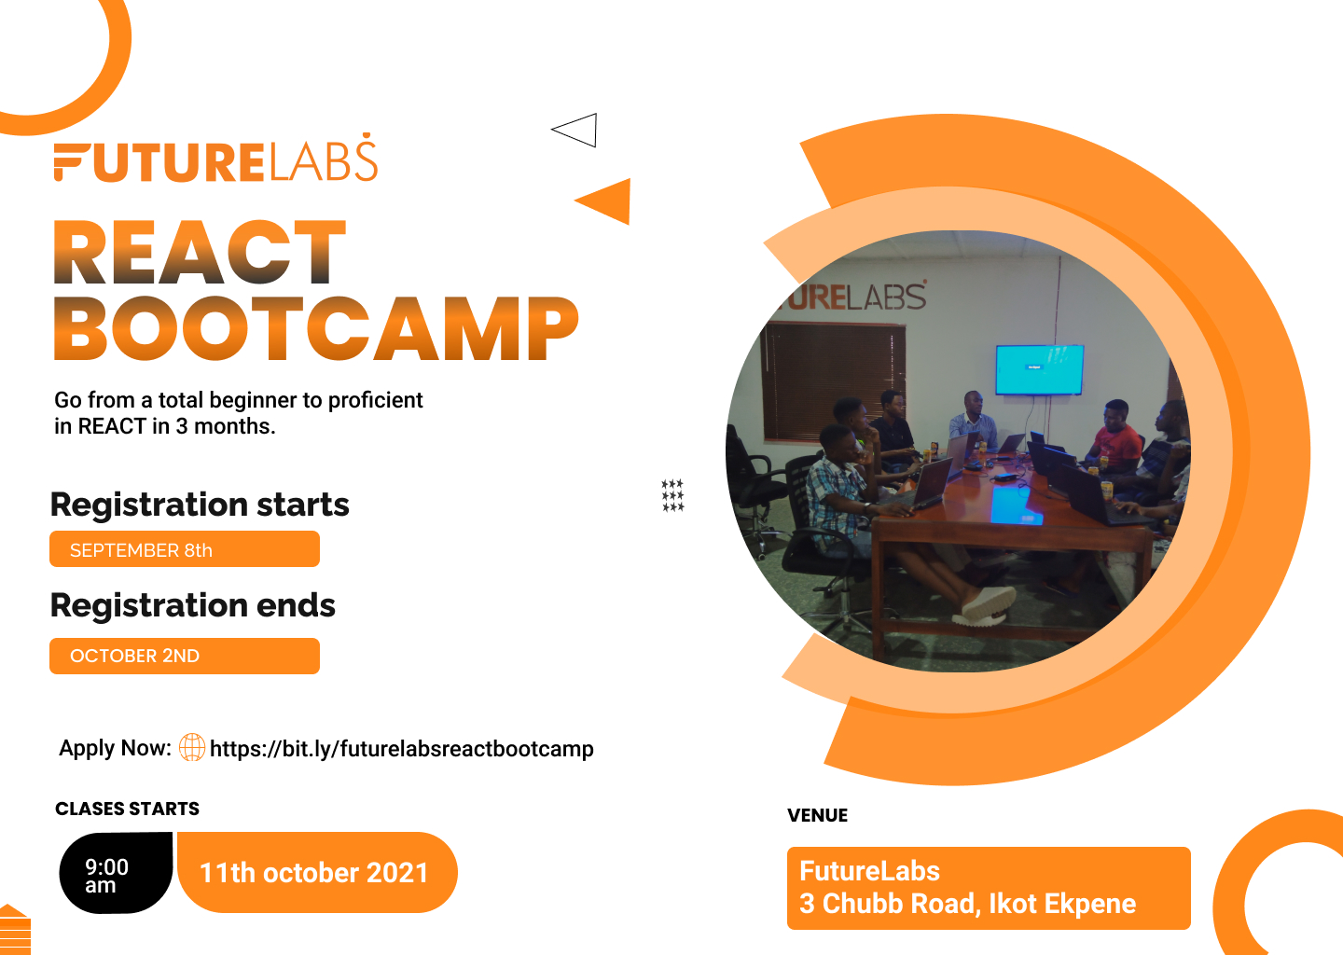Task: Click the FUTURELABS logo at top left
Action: tap(215, 158)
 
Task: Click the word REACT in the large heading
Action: tap(201, 253)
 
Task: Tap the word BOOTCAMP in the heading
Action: tap(316, 328)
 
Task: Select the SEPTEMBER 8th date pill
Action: tap(185, 549)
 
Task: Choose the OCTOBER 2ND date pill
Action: tap(185, 656)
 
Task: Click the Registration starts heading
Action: tap(200, 505)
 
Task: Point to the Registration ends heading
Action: tap(193, 605)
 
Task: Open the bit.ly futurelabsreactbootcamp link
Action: tap(402, 749)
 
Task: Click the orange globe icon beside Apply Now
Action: tap(192, 748)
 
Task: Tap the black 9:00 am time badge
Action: tap(116, 873)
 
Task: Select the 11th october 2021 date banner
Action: tap(317, 873)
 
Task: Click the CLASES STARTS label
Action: tap(127, 809)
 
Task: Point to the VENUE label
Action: tap(817, 815)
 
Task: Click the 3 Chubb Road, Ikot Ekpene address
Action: tap(968, 904)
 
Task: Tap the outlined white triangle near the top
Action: tap(575, 130)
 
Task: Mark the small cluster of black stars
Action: tap(672, 495)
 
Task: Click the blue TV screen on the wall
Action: tap(1040, 369)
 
